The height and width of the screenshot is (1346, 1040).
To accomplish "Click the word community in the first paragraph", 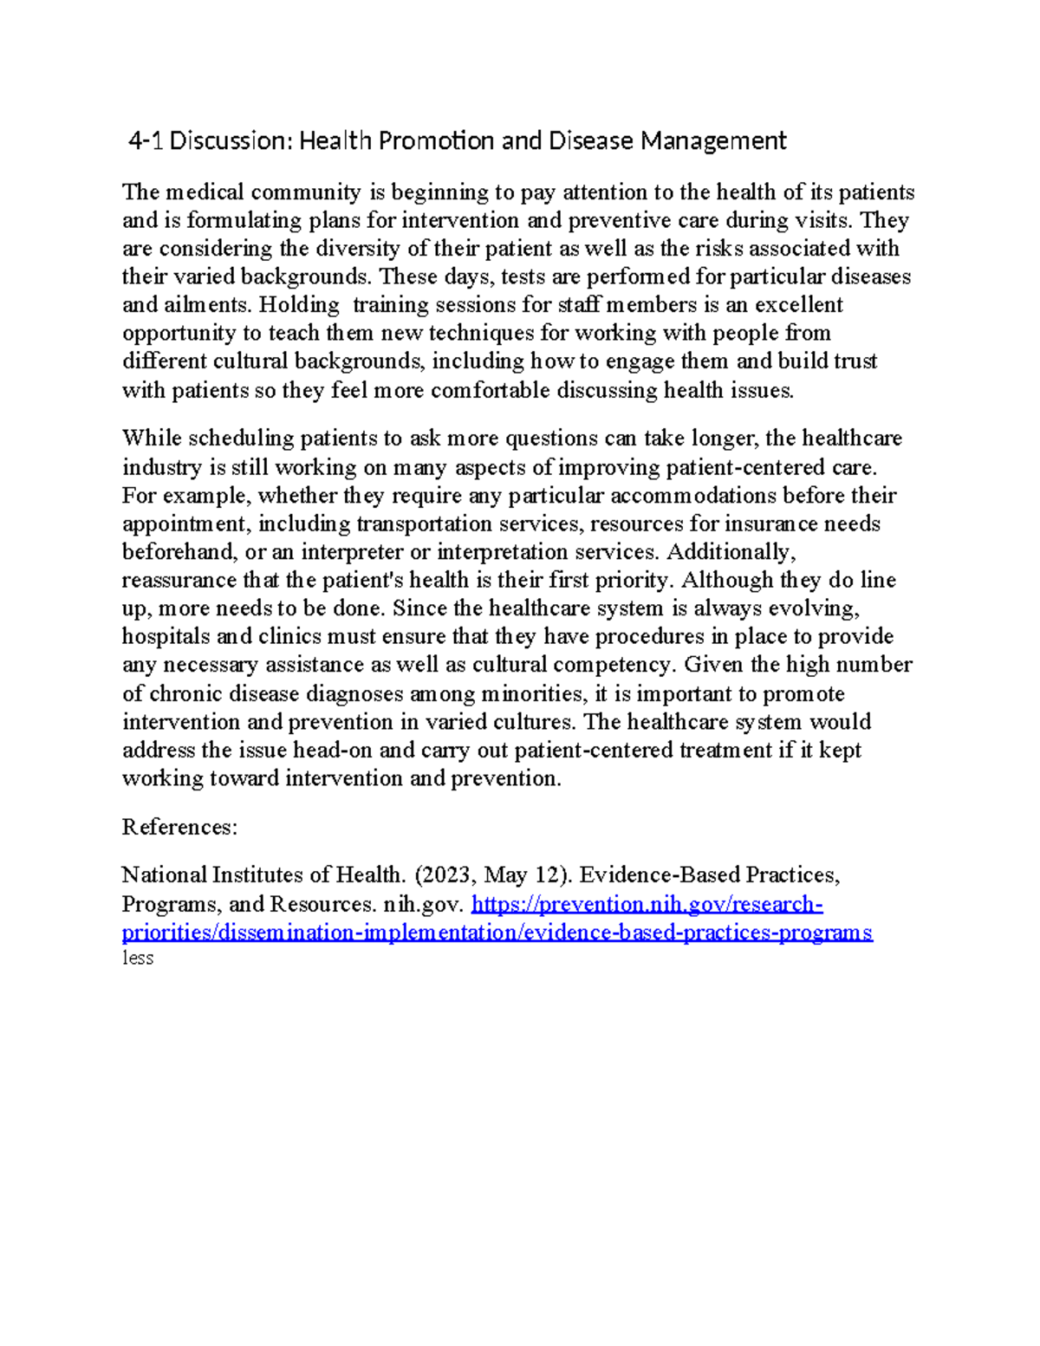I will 306,192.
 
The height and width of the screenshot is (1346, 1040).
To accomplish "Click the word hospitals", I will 166,637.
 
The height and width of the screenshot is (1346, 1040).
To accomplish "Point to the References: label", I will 179,827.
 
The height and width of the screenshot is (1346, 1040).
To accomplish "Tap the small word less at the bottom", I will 138,958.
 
